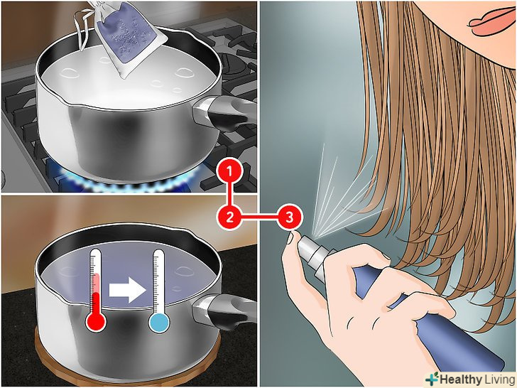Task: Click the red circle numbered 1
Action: [x=230, y=172]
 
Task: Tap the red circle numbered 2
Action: [x=230, y=217]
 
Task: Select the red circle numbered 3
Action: [x=289, y=217]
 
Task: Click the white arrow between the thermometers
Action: [x=128, y=290]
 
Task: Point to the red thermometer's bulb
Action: [x=96, y=321]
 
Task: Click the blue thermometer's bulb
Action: [x=159, y=323]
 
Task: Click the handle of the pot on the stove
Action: [x=224, y=112]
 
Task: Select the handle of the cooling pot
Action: [x=224, y=311]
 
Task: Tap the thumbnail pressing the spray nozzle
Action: [x=290, y=237]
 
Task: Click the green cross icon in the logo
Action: [x=432, y=379]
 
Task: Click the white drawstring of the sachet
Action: [x=84, y=26]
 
